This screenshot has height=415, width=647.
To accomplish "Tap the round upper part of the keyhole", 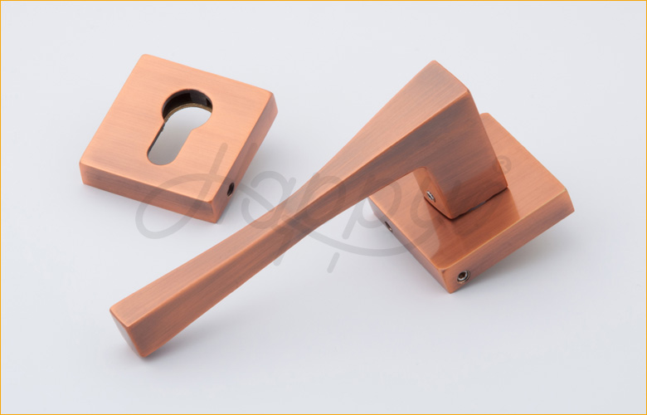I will [187, 104].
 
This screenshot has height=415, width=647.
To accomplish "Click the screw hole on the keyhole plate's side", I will [231, 189].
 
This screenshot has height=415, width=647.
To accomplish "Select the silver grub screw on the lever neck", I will [430, 196].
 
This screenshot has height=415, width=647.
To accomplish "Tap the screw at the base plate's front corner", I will [461, 276].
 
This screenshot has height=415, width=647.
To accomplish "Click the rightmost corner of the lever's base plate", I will [572, 200].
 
